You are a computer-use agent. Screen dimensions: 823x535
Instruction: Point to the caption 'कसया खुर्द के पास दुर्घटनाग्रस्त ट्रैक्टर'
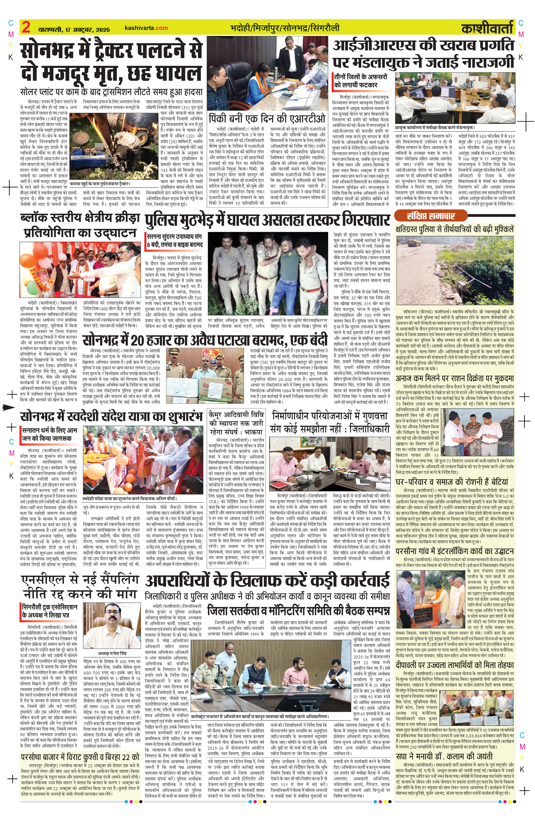point(100,184)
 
